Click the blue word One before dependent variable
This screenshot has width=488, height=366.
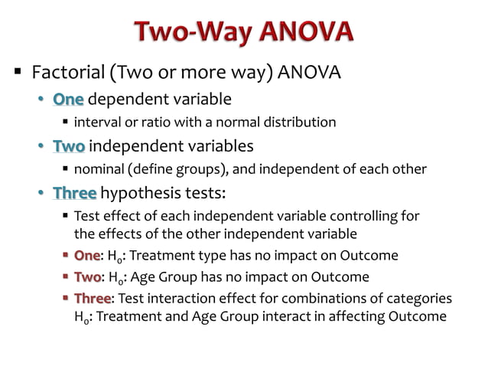(68, 99)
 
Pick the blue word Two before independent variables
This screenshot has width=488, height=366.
(69, 145)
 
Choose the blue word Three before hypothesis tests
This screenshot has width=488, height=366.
(75, 192)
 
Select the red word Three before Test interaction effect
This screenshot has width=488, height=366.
(93, 298)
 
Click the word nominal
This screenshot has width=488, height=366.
(100, 168)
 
